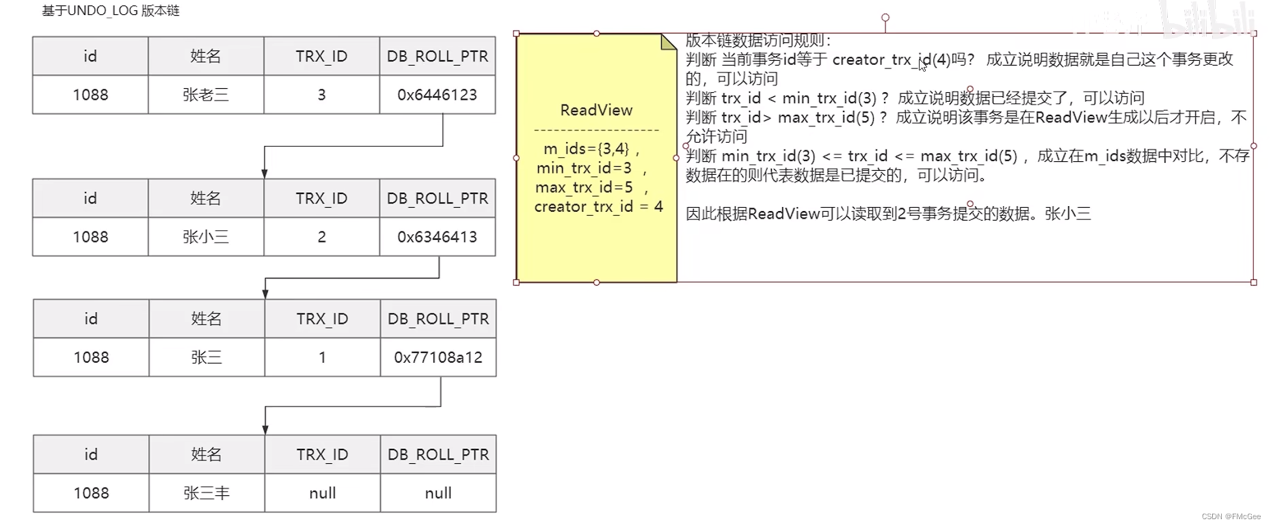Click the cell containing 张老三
click(x=206, y=95)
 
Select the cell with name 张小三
click(x=206, y=237)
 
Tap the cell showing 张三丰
click(x=206, y=493)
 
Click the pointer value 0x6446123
click(x=438, y=95)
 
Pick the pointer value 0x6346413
click(x=438, y=237)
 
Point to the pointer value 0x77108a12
click(x=438, y=357)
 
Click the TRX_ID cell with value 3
click(x=321, y=95)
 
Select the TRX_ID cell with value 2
click(x=321, y=237)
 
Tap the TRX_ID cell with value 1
click(x=322, y=357)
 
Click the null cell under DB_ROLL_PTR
click(x=438, y=493)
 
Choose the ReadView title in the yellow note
click(x=596, y=110)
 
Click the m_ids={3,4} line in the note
click(x=591, y=149)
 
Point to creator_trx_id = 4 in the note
click(x=598, y=206)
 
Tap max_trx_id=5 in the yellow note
click(x=585, y=187)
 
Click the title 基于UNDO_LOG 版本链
click(x=111, y=11)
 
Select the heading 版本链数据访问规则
click(x=758, y=40)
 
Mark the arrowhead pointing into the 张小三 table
click(x=265, y=174)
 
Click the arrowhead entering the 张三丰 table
click(x=265, y=429)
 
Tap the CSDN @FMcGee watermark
click(x=1231, y=516)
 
